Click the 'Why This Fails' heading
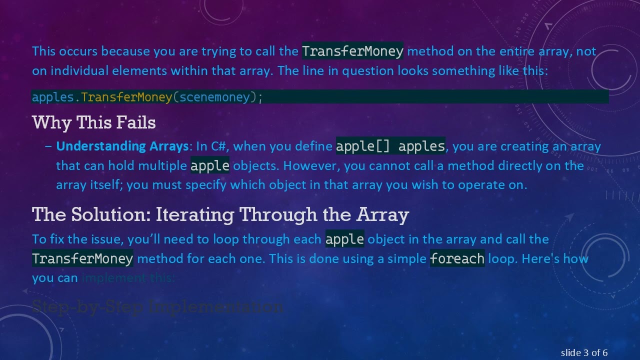click(x=93, y=122)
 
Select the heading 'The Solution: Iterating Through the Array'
click(x=220, y=214)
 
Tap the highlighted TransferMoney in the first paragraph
click(x=352, y=51)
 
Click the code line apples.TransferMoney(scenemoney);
click(x=147, y=97)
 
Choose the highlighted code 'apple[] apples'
click(x=390, y=146)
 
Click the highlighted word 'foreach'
click(x=457, y=259)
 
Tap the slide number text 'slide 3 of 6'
click(x=584, y=353)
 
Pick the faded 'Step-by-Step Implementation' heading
click(x=157, y=306)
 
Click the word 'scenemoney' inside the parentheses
click(x=214, y=97)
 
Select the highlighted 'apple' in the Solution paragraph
click(x=344, y=239)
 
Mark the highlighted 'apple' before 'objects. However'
click(x=210, y=166)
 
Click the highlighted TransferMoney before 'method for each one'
click(x=82, y=259)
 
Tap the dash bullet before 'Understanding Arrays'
click(x=48, y=146)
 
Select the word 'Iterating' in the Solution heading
click(x=195, y=214)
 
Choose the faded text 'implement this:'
click(x=128, y=278)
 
